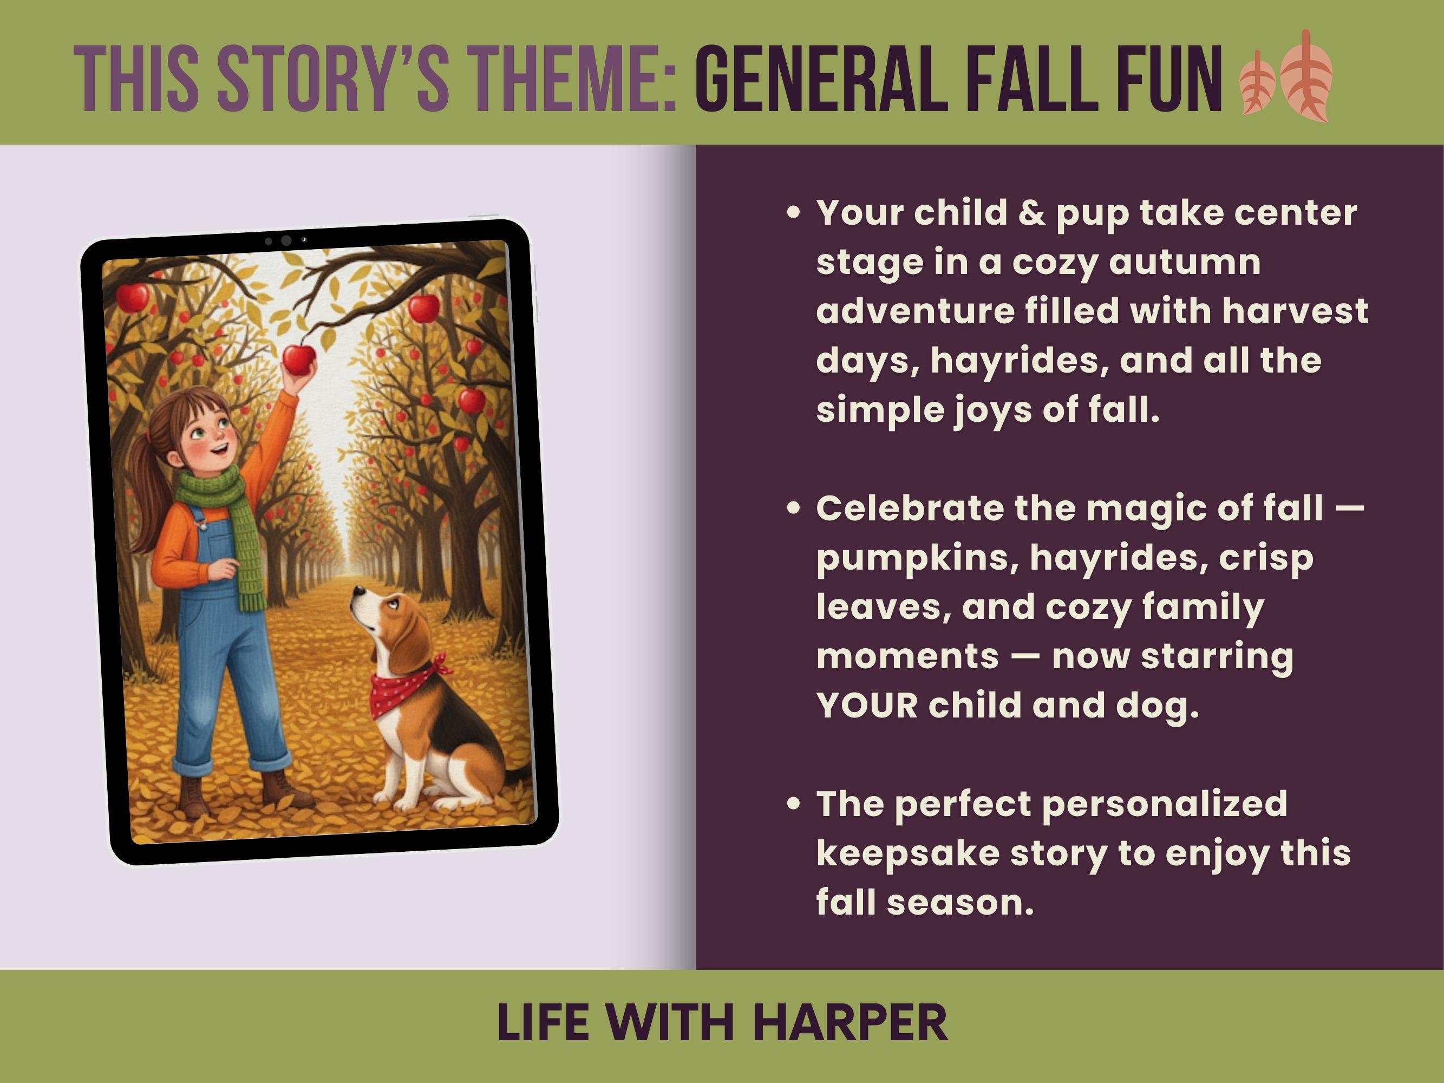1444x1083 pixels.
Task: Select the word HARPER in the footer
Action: pyautogui.click(x=850, y=1023)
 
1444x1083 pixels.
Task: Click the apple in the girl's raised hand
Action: pyautogui.click(x=299, y=360)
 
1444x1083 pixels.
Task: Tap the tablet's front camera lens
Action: pyautogui.click(x=286, y=240)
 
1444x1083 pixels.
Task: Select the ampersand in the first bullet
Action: pyautogui.click(x=1031, y=213)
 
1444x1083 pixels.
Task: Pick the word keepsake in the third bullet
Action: pyautogui.click(x=908, y=853)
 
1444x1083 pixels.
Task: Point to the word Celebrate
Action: pyautogui.click(x=910, y=508)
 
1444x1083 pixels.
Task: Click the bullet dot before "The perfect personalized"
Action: pyautogui.click(x=794, y=805)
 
